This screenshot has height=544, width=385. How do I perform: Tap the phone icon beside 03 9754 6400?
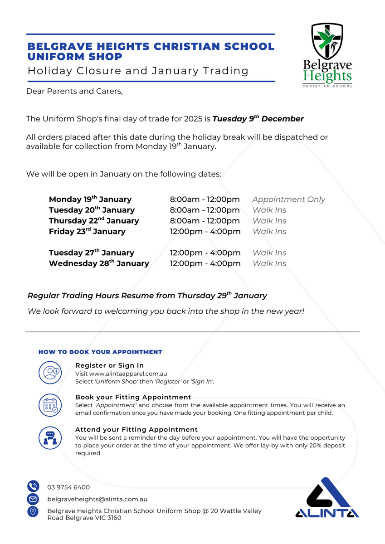[x=33, y=487]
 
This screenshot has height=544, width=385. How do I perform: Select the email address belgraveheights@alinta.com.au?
[x=97, y=499]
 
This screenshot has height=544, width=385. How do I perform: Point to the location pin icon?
[x=33, y=511]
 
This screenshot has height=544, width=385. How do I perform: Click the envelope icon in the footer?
[x=33, y=499]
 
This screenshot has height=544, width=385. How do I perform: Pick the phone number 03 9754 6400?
[x=68, y=487]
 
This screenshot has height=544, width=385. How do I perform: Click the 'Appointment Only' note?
[x=289, y=199]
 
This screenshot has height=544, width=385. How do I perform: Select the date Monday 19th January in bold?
[x=90, y=199]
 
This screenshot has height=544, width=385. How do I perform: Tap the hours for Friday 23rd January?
[x=205, y=232]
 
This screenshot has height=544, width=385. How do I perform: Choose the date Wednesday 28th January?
[x=99, y=263]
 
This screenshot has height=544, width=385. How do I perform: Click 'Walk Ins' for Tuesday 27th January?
[x=269, y=253]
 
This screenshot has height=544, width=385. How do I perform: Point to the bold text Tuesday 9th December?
[x=258, y=119]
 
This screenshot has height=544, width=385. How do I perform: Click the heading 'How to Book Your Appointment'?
[x=100, y=352]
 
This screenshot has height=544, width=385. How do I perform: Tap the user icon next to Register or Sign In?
[x=50, y=373]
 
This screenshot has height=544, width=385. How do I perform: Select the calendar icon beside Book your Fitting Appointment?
[x=50, y=404]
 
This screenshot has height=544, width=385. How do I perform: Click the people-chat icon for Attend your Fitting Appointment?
[x=50, y=437]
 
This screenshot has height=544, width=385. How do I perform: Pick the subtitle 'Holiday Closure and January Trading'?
[x=138, y=71]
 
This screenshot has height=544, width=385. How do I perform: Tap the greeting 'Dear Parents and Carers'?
[x=74, y=91]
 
